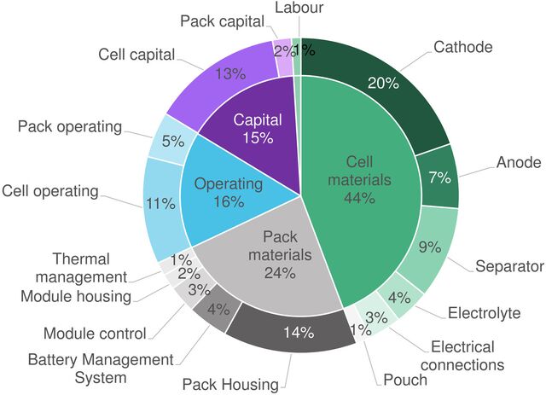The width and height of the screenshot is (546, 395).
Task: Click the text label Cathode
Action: click(x=462, y=47)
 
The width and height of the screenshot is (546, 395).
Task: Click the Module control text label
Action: click(x=95, y=333)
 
